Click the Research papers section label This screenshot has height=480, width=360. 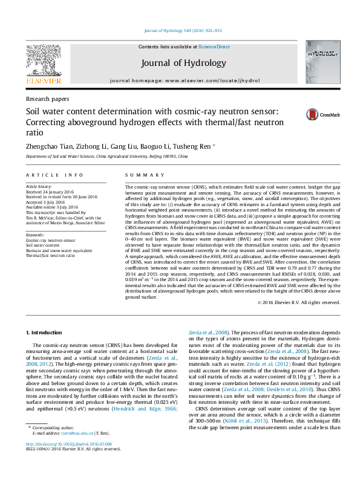point(47,99)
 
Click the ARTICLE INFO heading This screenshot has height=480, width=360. point(54,175)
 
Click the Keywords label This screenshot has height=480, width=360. point(35,235)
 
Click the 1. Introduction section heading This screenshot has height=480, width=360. point(45,333)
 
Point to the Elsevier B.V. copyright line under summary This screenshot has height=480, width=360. point(299,302)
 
